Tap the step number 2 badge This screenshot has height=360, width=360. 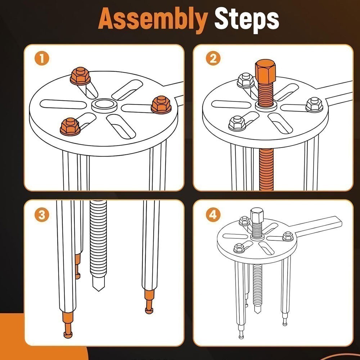point(213,59)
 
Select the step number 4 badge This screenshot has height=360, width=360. point(213,215)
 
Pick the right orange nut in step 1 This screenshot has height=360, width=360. point(160,104)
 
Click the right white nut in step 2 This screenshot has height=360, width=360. point(314,104)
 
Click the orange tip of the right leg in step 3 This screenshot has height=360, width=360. point(149,301)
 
